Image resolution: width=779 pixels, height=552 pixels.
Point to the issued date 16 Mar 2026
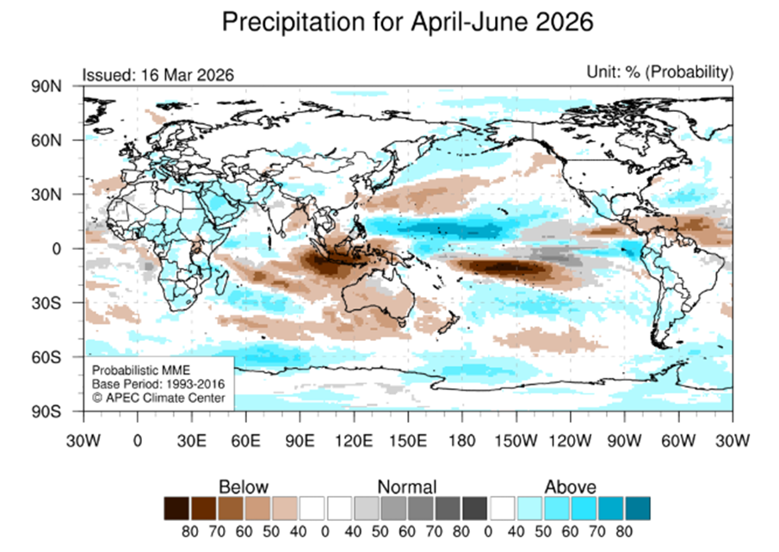pyautogui.click(x=182, y=76)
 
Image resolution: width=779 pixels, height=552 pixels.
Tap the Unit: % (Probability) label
pyautogui.click(x=661, y=71)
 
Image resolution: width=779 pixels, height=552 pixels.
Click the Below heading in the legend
pyautogui.click(x=244, y=487)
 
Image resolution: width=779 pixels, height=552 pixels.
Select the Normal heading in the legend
pyautogui.click(x=406, y=487)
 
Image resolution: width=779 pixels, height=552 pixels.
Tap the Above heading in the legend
pyautogui.click(x=570, y=487)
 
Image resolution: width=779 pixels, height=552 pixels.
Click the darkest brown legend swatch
pyautogui.click(x=177, y=506)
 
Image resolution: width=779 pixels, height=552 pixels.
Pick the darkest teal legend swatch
pyautogui.click(x=638, y=506)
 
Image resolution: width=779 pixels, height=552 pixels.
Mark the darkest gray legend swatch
pyautogui.click(x=474, y=506)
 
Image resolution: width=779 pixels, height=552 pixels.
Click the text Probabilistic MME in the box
pyautogui.click(x=133, y=369)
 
